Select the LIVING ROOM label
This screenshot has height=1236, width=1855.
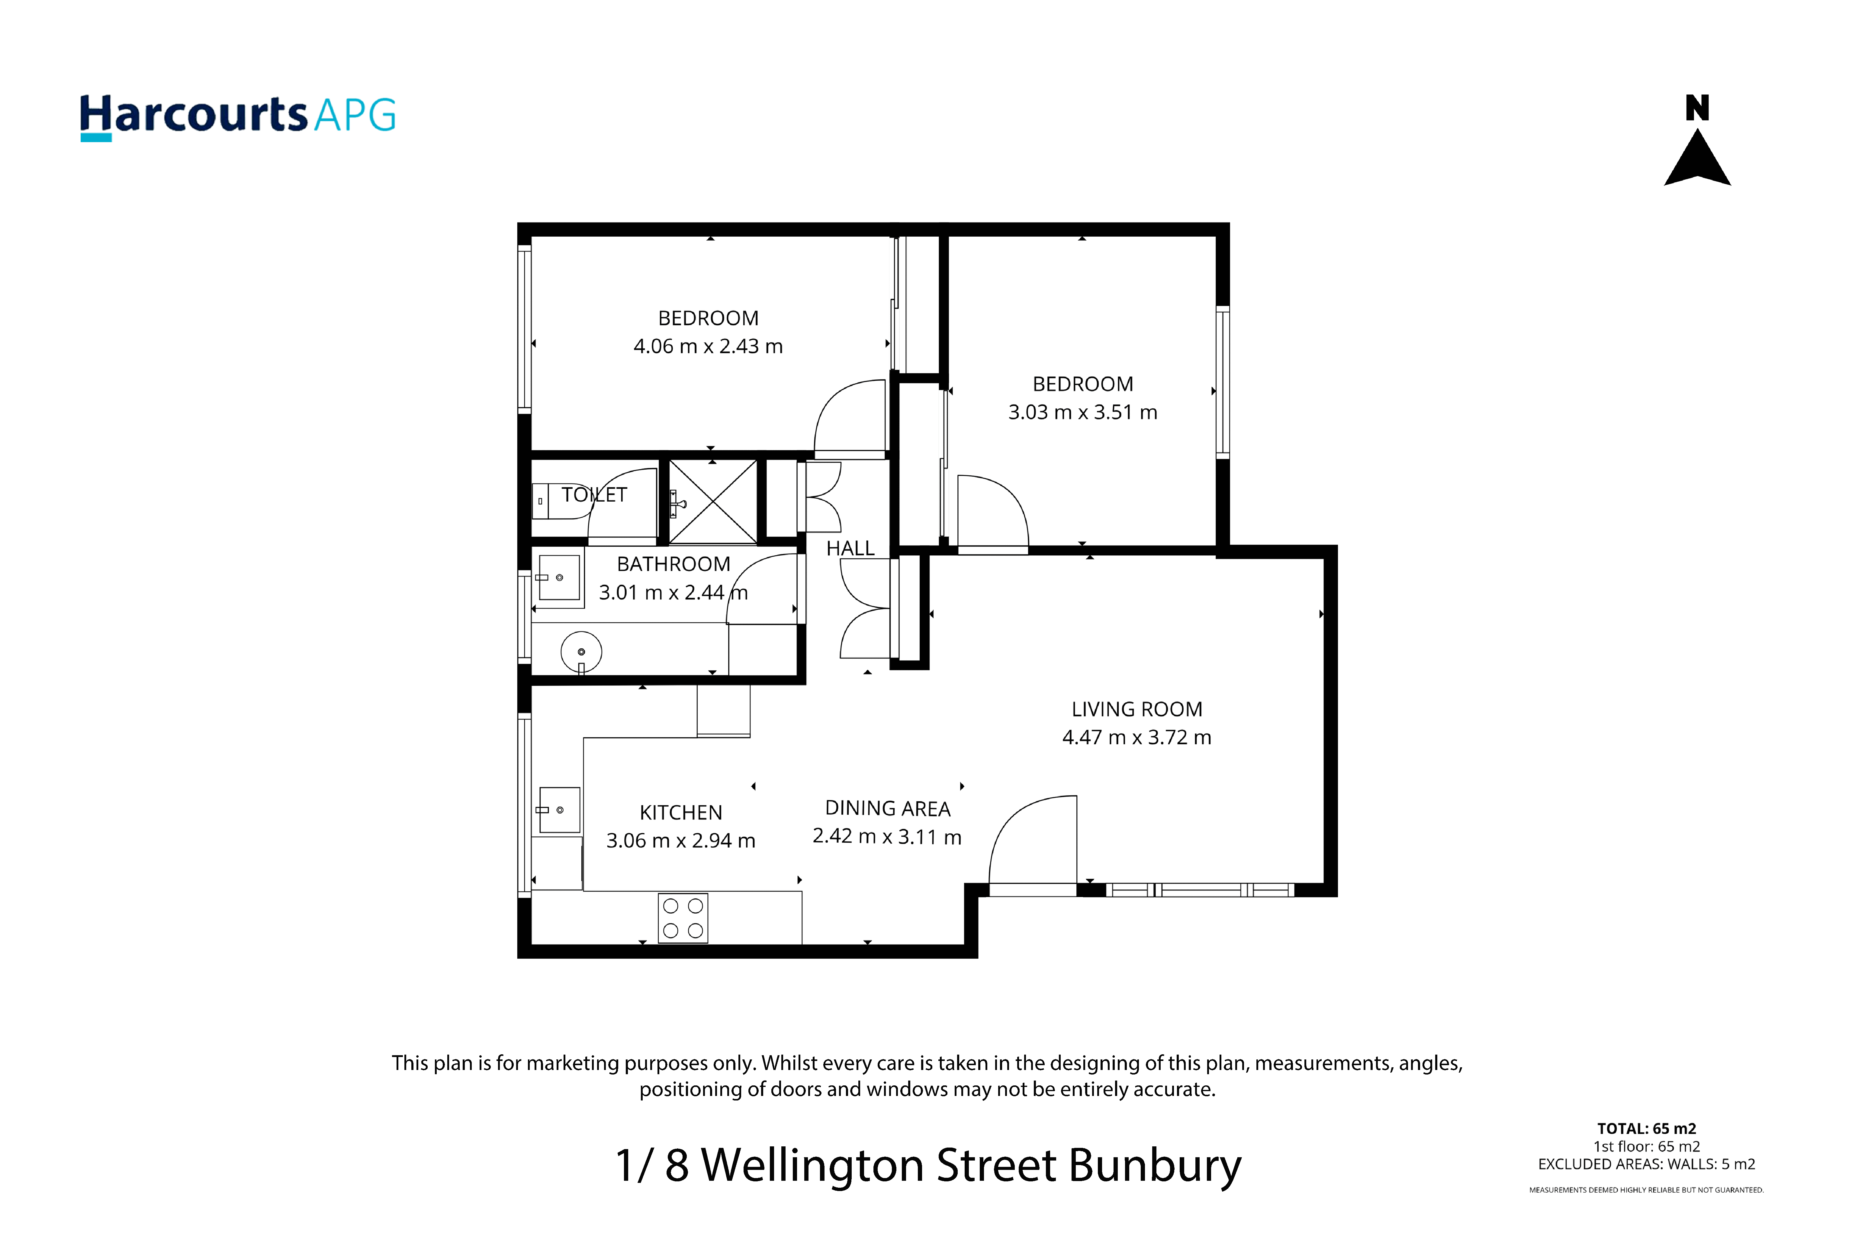tap(1136, 709)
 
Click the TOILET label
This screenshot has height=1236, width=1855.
tap(594, 495)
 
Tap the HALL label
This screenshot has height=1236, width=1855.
tap(850, 549)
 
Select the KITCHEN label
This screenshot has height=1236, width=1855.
tap(681, 813)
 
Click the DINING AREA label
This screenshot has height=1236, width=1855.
tap(887, 809)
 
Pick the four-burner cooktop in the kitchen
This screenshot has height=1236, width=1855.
tap(683, 918)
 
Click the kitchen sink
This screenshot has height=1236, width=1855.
tap(559, 810)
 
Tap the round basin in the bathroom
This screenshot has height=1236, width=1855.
tap(581, 652)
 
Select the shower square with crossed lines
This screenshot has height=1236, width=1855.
tap(713, 501)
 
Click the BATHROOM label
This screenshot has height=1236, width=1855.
tap(674, 564)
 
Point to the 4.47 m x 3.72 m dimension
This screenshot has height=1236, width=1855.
tap(1136, 737)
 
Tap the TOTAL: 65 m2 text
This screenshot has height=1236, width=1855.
tap(1646, 1129)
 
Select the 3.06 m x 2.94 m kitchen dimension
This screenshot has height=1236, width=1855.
tap(681, 841)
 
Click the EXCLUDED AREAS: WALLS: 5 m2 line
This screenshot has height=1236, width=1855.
tap(1646, 1164)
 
